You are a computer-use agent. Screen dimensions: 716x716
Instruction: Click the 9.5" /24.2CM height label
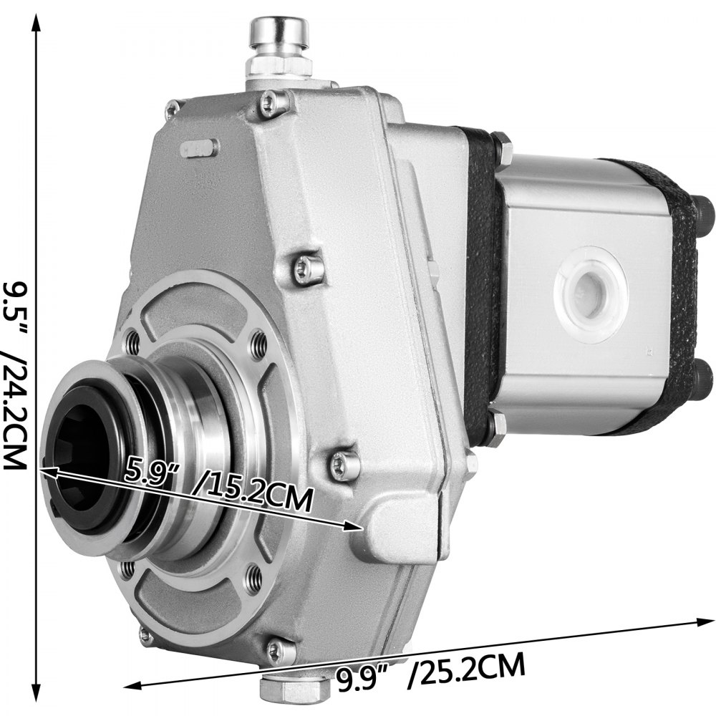[x=14, y=373]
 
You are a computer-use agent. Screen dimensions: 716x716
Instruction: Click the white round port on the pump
[x=591, y=294]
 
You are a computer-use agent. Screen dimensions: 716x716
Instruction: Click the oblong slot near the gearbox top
[x=200, y=148]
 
